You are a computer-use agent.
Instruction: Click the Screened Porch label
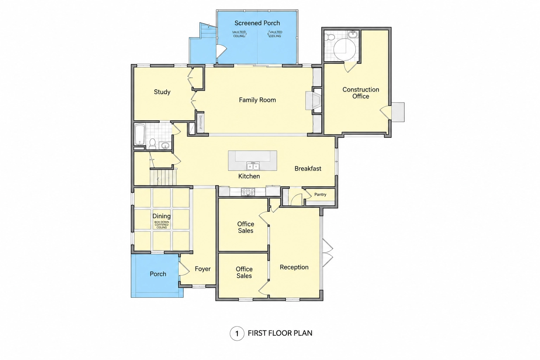[257, 23]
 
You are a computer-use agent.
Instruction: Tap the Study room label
[162, 92]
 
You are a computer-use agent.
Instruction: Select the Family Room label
[257, 100]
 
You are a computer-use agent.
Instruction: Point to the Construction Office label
[361, 93]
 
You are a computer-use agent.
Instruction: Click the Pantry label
[320, 194]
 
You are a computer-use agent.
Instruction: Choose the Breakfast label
[308, 168]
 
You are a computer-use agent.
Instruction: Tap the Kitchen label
[249, 176]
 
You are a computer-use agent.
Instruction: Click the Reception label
[294, 267]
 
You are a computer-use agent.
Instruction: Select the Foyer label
[203, 269]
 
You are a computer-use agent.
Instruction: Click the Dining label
[161, 216]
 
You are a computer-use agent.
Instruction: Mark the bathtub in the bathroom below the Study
[140, 135]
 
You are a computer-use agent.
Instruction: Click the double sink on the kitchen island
[253, 166]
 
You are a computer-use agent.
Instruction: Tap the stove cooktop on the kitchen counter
[248, 192]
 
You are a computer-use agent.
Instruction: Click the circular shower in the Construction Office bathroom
[345, 50]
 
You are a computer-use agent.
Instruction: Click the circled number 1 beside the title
[237, 334]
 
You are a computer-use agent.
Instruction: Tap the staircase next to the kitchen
[163, 177]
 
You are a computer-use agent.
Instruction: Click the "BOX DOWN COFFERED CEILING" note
[161, 225]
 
